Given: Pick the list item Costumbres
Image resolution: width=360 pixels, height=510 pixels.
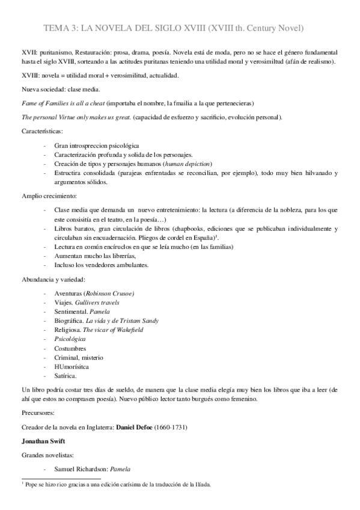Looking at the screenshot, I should click(70, 348).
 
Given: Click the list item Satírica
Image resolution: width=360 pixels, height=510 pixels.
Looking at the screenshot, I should click(66, 376).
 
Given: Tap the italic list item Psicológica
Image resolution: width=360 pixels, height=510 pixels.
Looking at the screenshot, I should click(70, 339).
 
